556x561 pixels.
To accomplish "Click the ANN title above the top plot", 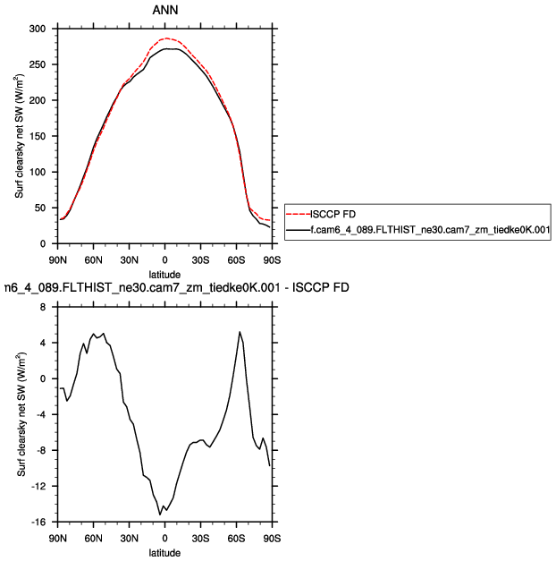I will (164, 11).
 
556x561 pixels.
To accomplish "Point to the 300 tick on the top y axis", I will (38, 29).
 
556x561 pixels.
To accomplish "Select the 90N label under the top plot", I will (57, 260).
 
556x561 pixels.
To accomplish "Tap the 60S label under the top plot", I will (236, 260).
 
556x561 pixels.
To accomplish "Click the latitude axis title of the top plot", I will (164, 274).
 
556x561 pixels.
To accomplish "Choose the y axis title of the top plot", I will (19, 136).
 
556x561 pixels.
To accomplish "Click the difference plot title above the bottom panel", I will (165, 288).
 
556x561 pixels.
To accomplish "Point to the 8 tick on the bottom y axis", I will (43, 307).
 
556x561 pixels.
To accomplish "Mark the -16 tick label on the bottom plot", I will (37, 522).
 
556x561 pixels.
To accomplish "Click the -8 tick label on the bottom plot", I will (38, 450).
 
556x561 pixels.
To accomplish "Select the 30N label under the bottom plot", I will (129, 539).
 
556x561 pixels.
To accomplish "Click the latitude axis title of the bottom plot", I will (164, 553).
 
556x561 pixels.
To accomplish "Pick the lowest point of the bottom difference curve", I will (160, 514).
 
